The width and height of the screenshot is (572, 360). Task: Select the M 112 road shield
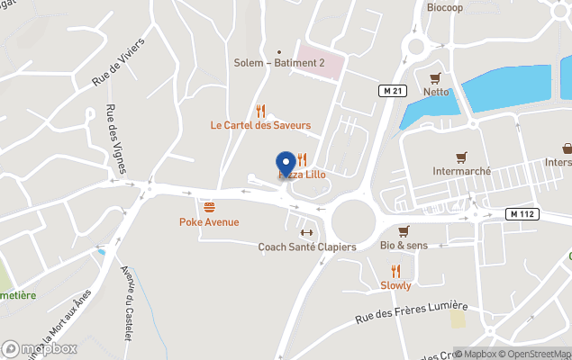(522, 213)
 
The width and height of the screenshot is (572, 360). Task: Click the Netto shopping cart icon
(436, 77)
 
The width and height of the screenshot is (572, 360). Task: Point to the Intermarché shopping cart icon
(461, 155)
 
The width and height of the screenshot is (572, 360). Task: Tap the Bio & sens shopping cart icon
(404, 231)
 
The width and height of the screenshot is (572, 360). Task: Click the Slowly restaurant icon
(395, 271)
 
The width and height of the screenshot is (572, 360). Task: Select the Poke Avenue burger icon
(209, 207)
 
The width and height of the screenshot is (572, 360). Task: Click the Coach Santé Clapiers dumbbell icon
(306, 232)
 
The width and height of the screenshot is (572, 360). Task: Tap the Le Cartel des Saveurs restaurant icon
(260, 111)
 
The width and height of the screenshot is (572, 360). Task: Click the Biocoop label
(447, 7)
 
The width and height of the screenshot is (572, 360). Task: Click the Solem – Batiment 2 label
(278, 62)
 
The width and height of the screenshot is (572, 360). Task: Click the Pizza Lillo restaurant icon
(302, 160)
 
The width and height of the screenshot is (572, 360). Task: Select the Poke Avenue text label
(209, 221)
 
